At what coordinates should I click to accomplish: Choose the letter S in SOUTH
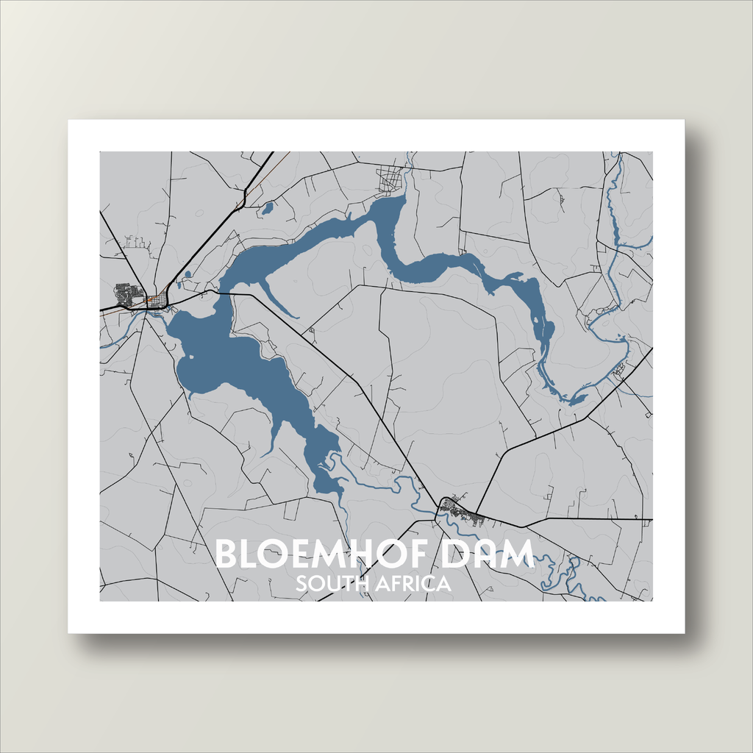coord(301,585)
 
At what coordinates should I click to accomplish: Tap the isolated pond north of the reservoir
coord(267,208)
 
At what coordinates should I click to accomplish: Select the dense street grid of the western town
coord(128,293)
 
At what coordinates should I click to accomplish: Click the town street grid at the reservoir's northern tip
coord(390,179)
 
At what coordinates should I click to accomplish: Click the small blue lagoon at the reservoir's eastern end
coord(577,400)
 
